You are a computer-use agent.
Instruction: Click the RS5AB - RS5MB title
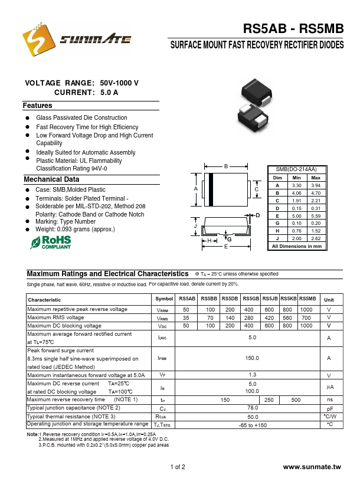(x=293, y=30)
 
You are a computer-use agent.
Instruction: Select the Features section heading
(x=38, y=106)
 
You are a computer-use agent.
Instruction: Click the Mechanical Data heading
(x=51, y=179)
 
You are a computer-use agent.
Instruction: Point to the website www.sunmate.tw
(x=312, y=467)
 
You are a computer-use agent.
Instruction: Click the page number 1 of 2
(x=178, y=467)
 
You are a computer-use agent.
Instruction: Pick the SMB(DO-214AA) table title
(x=296, y=169)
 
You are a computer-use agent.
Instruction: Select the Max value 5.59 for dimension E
(x=316, y=216)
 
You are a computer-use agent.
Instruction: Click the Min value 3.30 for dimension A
(x=296, y=185)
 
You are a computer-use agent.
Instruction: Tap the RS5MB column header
(x=307, y=299)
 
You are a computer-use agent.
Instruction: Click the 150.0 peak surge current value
(x=253, y=358)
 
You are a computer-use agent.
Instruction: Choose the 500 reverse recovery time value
(x=296, y=400)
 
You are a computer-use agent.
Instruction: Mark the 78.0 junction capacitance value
(x=253, y=408)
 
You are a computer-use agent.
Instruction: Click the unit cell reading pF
(x=330, y=408)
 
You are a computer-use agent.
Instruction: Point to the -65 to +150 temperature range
(x=253, y=425)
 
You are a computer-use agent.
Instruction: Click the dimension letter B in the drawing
(x=225, y=166)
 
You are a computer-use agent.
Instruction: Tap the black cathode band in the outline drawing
(x=210, y=189)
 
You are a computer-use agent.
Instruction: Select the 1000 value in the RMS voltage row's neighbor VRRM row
(x=306, y=309)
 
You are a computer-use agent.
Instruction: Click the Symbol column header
(x=165, y=300)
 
